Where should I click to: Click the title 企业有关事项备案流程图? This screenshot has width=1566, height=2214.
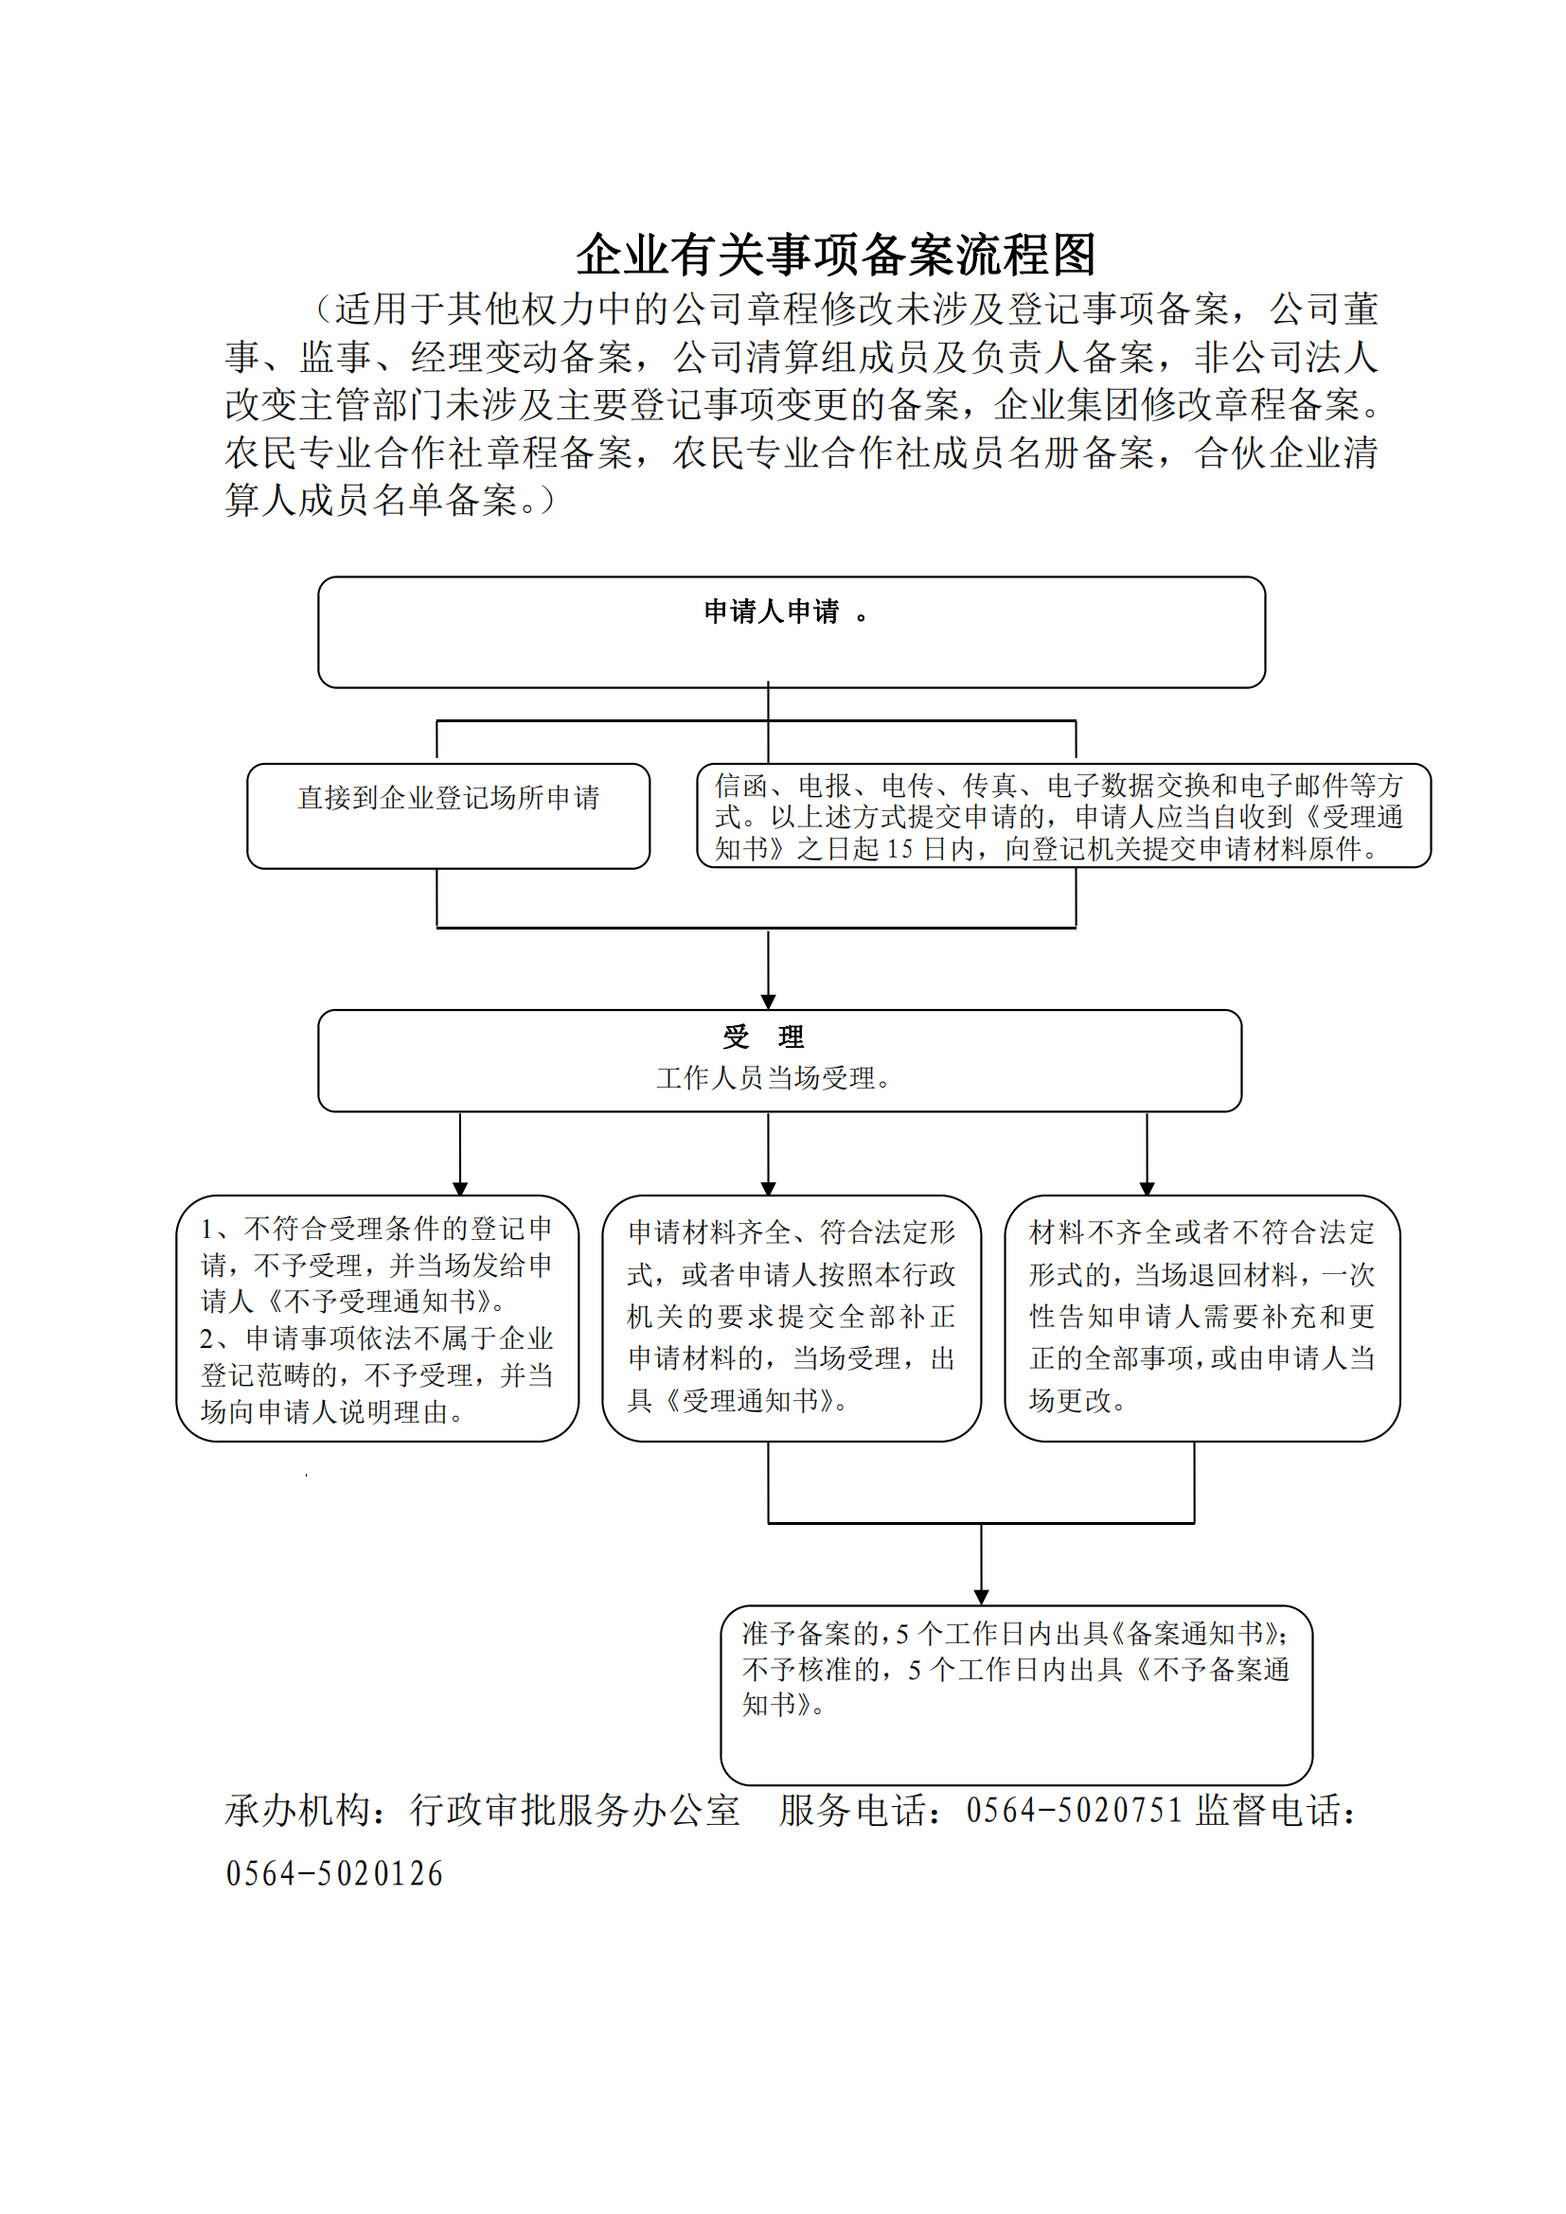836,255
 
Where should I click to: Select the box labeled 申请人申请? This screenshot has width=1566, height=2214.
791,631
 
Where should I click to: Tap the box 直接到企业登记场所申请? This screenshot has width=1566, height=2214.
449,816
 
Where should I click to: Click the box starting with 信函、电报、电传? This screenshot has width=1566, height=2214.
1063,816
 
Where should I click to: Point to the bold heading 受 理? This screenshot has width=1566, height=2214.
764,1036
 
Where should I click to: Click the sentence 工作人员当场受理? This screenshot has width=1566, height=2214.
774,1078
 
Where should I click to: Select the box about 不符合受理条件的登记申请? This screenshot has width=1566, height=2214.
377,1319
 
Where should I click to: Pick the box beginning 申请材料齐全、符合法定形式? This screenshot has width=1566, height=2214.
792,1319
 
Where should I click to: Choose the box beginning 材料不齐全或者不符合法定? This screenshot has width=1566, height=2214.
1201,1319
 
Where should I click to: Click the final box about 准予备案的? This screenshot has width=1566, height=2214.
1016,1695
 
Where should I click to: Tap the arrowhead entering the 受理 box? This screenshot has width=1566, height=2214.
768,1001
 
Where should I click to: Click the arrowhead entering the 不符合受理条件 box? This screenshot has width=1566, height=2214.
460,1188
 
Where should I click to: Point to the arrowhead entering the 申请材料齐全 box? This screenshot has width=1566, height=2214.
768,1188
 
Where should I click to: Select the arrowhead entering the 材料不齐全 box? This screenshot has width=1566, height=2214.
1147,1188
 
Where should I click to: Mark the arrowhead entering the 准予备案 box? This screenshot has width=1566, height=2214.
981,1598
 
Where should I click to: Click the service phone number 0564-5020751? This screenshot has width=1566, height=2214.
1075,1810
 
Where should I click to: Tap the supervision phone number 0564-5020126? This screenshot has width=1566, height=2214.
333,1873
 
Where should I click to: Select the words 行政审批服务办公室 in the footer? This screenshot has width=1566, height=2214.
575,1810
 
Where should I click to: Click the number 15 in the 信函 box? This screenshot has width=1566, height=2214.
899,848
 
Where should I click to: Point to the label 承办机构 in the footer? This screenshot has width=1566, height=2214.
298,1810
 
